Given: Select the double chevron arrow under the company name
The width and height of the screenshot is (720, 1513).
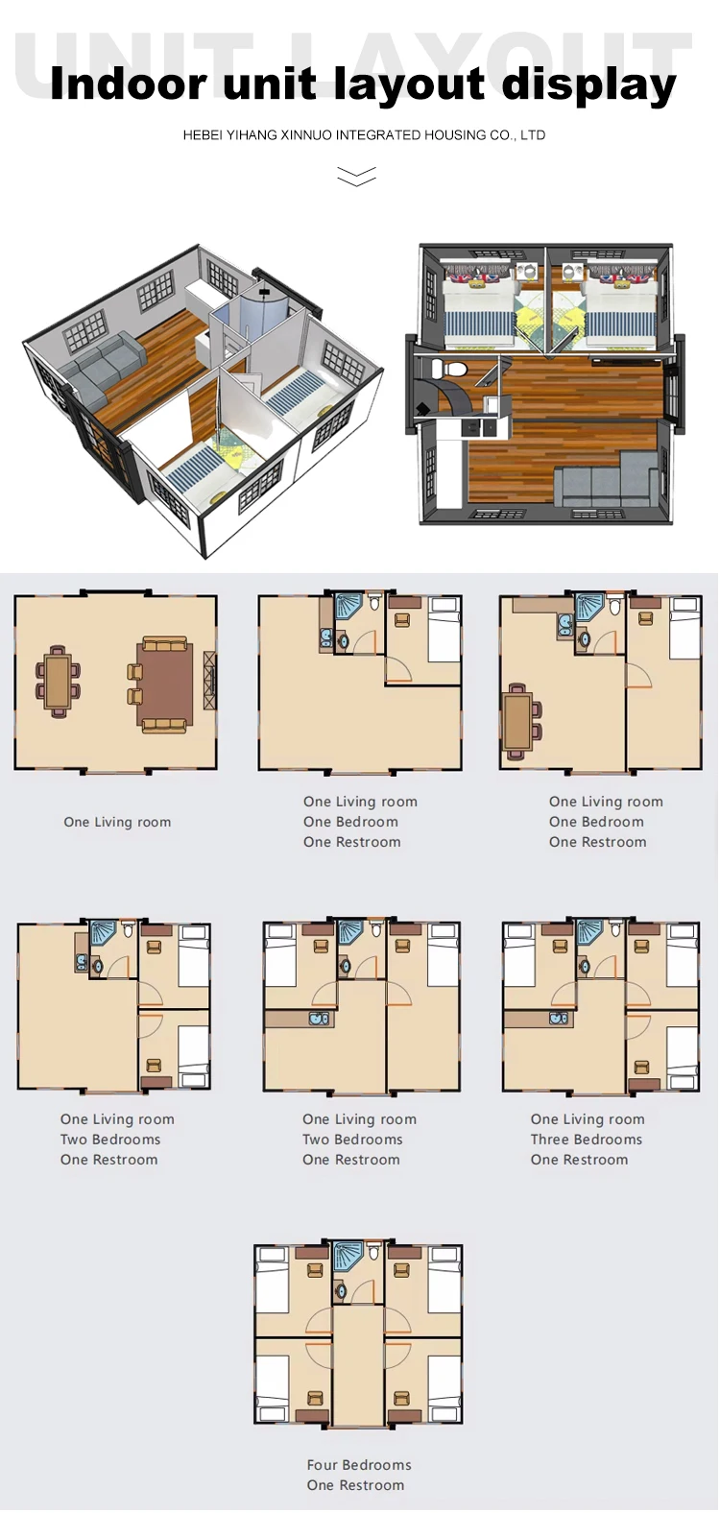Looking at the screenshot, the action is (x=356, y=176).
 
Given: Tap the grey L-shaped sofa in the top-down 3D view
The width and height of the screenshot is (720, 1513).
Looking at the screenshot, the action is (x=606, y=479).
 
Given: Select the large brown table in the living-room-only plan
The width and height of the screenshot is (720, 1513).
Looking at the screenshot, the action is (x=164, y=684).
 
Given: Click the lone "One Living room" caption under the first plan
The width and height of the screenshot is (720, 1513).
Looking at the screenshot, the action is (x=117, y=822).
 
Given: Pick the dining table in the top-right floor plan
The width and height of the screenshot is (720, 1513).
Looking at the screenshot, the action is (x=518, y=720).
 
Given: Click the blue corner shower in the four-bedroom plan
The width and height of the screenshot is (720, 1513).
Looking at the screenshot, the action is (x=348, y=1254).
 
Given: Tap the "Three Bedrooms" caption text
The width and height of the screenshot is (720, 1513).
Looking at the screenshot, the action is (x=587, y=1140).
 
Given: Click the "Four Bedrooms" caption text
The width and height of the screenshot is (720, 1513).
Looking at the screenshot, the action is (x=359, y=1465).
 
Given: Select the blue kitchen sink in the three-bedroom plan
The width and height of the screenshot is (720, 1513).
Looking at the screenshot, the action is (x=558, y=1019).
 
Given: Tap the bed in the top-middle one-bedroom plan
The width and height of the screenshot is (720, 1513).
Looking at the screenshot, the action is (x=444, y=630).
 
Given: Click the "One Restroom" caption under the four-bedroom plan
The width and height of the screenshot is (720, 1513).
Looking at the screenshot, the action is (x=355, y=1485).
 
